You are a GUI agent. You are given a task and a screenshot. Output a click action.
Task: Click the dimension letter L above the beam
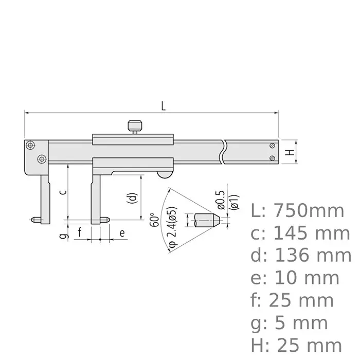point(163,106)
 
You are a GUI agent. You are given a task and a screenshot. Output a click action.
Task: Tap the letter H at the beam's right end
point(290,152)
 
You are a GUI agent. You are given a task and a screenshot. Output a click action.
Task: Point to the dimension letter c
point(62,192)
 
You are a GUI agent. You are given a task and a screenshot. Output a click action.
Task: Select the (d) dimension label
point(133,198)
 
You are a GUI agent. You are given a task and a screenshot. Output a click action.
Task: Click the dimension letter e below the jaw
point(122,232)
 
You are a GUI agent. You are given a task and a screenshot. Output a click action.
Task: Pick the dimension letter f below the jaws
point(80,232)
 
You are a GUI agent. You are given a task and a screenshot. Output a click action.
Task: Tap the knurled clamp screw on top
point(135,125)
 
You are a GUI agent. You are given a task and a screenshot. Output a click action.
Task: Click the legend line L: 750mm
point(297,210)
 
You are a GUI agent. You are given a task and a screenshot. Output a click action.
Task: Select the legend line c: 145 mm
point(300,233)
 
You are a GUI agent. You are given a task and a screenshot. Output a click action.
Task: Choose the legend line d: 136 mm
point(300,256)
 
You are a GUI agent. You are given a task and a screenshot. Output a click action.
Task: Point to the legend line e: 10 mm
point(295,278)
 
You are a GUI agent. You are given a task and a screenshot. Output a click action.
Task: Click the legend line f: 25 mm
point(294,300)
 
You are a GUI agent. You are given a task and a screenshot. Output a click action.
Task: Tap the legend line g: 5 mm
point(290,323)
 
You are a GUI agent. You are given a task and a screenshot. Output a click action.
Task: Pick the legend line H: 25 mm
point(296,346)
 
